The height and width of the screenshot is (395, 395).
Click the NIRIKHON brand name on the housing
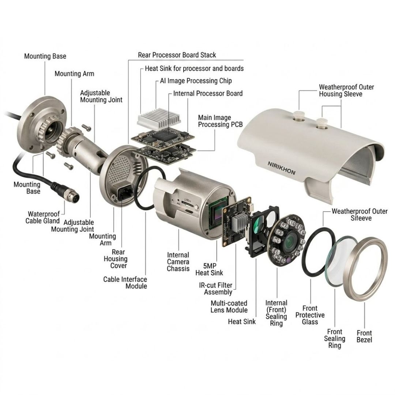click(x=281, y=168)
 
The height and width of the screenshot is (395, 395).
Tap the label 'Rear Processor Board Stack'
click(x=177, y=55)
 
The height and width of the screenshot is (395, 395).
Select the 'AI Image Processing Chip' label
click(x=196, y=81)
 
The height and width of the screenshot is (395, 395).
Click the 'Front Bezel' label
click(x=364, y=336)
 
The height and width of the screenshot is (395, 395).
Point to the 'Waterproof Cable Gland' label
click(x=42, y=217)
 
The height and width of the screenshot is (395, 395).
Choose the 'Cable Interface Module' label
click(x=125, y=283)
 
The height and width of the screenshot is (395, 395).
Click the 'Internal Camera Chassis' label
click(x=178, y=262)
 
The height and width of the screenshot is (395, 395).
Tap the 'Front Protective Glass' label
click(x=310, y=315)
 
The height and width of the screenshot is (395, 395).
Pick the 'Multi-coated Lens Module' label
click(x=229, y=306)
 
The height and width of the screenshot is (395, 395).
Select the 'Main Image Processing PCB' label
click(x=220, y=121)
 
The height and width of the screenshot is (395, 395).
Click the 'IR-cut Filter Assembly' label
click(x=216, y=289)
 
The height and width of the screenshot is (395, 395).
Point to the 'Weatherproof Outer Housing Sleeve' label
click(x=346, y=90)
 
